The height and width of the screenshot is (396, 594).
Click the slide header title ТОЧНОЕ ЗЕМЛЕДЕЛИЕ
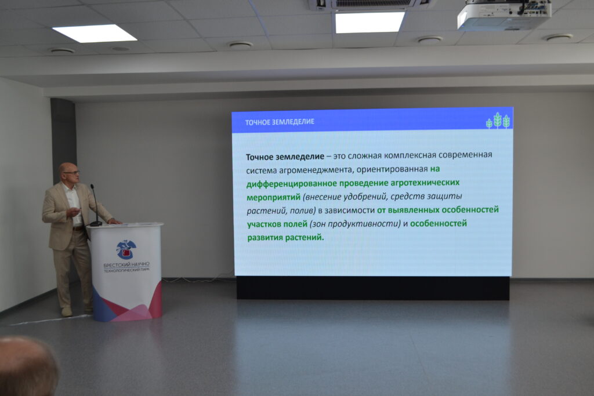click(280, 122)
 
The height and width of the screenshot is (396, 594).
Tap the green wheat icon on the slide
click(498, 121)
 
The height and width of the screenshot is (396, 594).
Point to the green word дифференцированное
click(291, 184)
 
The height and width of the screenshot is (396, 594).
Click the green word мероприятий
click(273, 198)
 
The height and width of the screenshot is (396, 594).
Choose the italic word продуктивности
click(364, 224)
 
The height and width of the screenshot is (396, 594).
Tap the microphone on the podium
click(95, 205)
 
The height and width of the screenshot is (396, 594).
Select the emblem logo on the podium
click(126, 249)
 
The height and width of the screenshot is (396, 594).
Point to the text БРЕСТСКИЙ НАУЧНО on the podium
click(126, 264)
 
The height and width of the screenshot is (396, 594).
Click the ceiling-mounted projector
click(504, 14)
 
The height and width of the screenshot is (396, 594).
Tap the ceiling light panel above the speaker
click(95, 33)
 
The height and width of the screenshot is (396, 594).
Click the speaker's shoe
click(67, 311)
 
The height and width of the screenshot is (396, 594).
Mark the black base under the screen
click(373, 288)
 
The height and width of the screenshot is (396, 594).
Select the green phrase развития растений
click(285, 238)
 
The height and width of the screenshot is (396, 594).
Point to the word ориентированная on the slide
click(392, 169)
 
